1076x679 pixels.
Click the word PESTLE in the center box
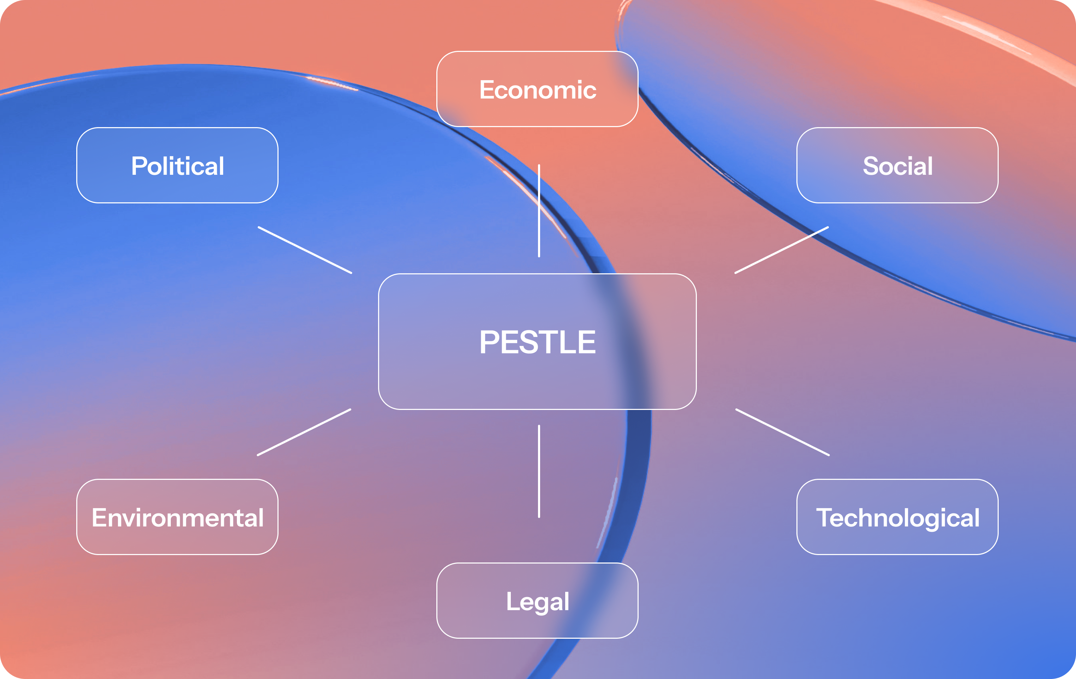pyautogui.click(x=538, y=343)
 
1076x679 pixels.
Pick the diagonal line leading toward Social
pyautogui.click(x=782, y=250)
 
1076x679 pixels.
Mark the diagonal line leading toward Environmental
pyautogui.click(x=304, y=432)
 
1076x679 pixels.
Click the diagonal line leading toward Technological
pyautogui.click(x=782, y=432)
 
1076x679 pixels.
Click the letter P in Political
pyautogui.click(x=139, y=166)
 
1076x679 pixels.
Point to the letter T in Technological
pyautogui.click(x=824, y=518)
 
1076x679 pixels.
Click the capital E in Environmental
pyautogui.click(x=99, y=518)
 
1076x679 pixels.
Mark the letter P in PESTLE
pyautogui.click(x=489, y=343)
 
